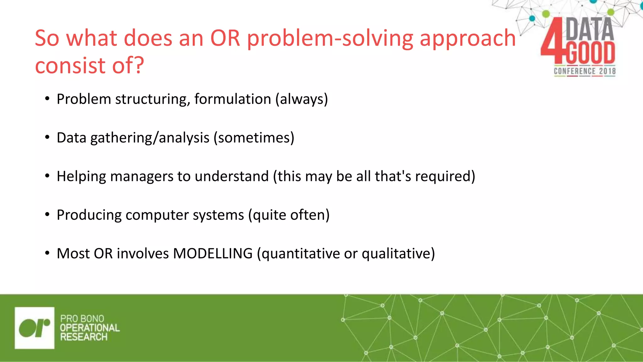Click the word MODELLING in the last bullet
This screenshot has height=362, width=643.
pyautogui.click(x=213, y=253)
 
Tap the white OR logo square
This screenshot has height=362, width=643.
pyautogui.click(x=35, y=328)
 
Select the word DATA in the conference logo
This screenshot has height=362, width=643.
pyautogui.click(x=589, y=29)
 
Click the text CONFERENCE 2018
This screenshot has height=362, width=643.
pyautogui.click(x=585, y=71)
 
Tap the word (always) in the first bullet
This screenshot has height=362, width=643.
pyautogui.click(x=301, y=99)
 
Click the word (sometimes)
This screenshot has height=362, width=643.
pyautogui.click(x=254, y=138)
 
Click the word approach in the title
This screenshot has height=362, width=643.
pyautogui.click(x=467, y=38)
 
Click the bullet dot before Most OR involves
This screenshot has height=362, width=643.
pyautogui.click(x=47, y=253)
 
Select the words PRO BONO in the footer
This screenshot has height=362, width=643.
pyautogui.click(x=82, y=318)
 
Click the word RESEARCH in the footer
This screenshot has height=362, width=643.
pyautogui.click(x=84, y=337)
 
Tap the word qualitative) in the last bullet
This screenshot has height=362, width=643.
pyautogui.click(x=398, y=253)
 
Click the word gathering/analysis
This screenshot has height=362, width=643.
pyautogui.click(x=150, y=138)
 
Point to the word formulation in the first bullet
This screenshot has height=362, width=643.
pyautogui.click(x=232, y=99)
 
